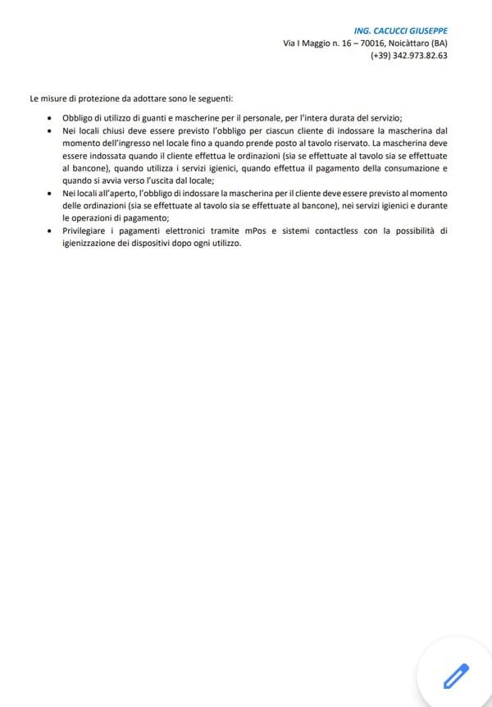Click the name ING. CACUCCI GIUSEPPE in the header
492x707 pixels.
tap(401, 30)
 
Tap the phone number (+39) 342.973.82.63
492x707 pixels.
tap(409, 56)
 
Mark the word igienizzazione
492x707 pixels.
tap(92, 244)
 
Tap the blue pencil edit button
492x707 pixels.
tap(455, 675)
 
